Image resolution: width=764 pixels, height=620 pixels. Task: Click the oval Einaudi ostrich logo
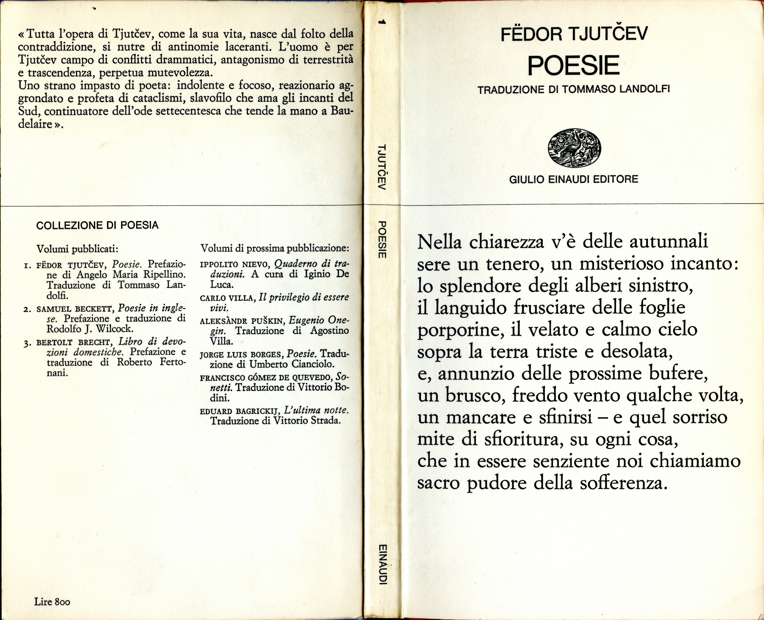click(x=574, y=148)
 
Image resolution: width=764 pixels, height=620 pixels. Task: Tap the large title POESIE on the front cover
click(x=573, y=66)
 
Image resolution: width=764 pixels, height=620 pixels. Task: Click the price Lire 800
click(x=52, y=602)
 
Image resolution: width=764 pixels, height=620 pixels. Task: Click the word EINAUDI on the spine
click(x=382, y=564)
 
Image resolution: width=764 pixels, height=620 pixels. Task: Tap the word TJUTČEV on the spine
click(x=382, y=167)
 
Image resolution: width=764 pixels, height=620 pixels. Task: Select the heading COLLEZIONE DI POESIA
click(x=97, y=225)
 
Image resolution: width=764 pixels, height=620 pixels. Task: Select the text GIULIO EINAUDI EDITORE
click(x=573, y=179)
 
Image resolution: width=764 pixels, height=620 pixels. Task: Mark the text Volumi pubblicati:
click(x=78, y=249)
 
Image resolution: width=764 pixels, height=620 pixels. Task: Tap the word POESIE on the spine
click(x=382, y=240)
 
